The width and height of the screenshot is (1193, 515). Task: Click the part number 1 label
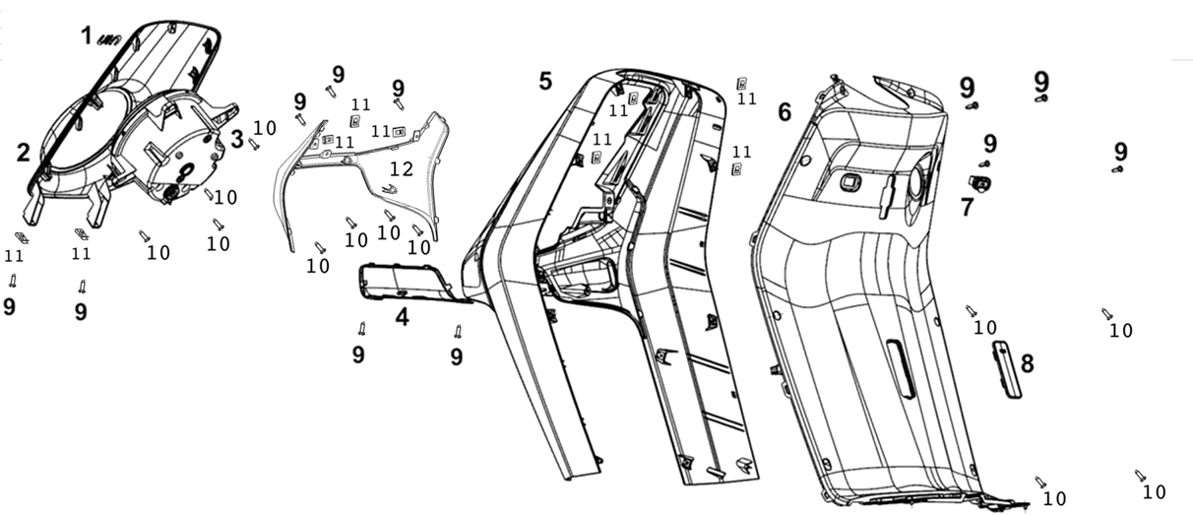pos(87,36)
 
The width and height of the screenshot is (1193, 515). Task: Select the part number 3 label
pos(237,139)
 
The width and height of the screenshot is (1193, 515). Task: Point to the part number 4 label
pos(402,318)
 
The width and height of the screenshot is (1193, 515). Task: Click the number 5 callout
pos(545,81)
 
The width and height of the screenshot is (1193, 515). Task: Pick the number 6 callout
pos(784,112)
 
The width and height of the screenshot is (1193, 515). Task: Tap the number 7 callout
pos(967,207)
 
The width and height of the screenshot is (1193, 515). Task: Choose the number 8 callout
pos(1027,364)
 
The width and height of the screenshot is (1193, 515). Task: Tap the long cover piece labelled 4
pos(406,282)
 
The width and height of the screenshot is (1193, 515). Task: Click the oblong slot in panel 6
pos(901,368)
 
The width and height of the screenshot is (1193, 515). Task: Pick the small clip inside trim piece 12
pos(389,188)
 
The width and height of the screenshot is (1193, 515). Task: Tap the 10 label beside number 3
pos(265,128)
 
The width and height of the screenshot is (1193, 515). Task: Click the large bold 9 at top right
pos(1041,81)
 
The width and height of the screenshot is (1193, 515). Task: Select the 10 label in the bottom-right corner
pos(1154,492)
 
